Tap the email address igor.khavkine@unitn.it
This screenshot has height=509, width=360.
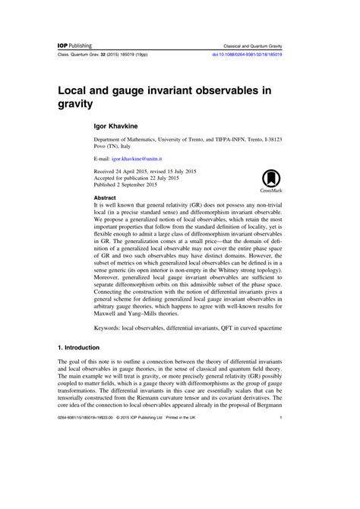(x=142, y=161)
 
